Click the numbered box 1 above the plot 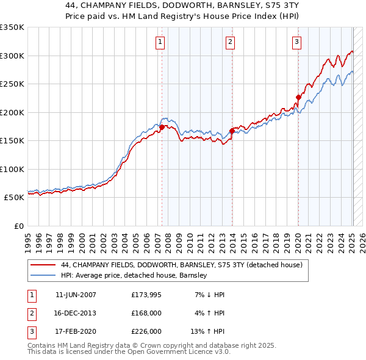160,42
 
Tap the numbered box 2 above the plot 230,42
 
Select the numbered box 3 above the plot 296,42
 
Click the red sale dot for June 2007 162,127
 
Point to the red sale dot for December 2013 232,131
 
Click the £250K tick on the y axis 12,84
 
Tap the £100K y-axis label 12,169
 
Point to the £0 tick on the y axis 18,226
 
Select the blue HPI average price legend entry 134,276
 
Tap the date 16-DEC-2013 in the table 76,313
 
